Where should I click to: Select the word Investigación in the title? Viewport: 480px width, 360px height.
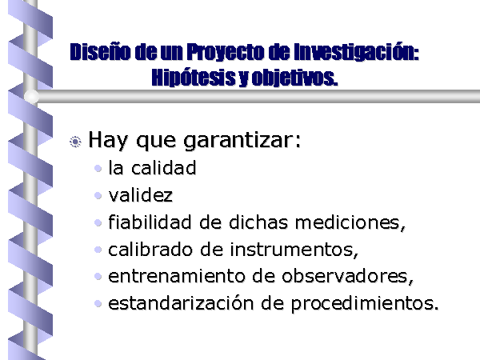tap(356, 52)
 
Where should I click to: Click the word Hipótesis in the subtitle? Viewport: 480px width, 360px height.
tap(193, 77)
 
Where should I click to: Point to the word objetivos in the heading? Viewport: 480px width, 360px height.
tap(294, 78)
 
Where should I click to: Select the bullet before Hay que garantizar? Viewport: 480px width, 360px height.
tap(75, 142)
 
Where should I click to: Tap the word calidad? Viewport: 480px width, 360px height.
tap(164, 168)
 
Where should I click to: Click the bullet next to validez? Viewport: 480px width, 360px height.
tap(98, 195)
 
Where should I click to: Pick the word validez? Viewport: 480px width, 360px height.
tap(141, 194)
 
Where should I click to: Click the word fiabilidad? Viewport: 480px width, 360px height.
tap(150, 222)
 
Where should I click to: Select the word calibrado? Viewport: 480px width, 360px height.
tap(150, 249)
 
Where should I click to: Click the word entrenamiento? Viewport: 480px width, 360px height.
tap(177, 276)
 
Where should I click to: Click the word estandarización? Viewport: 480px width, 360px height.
tap(182, 303)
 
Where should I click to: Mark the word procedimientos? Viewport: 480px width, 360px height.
tap(362, 304)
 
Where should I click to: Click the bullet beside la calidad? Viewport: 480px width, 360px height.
tap(98, 168)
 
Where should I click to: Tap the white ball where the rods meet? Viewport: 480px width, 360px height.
tap(31, 96)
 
